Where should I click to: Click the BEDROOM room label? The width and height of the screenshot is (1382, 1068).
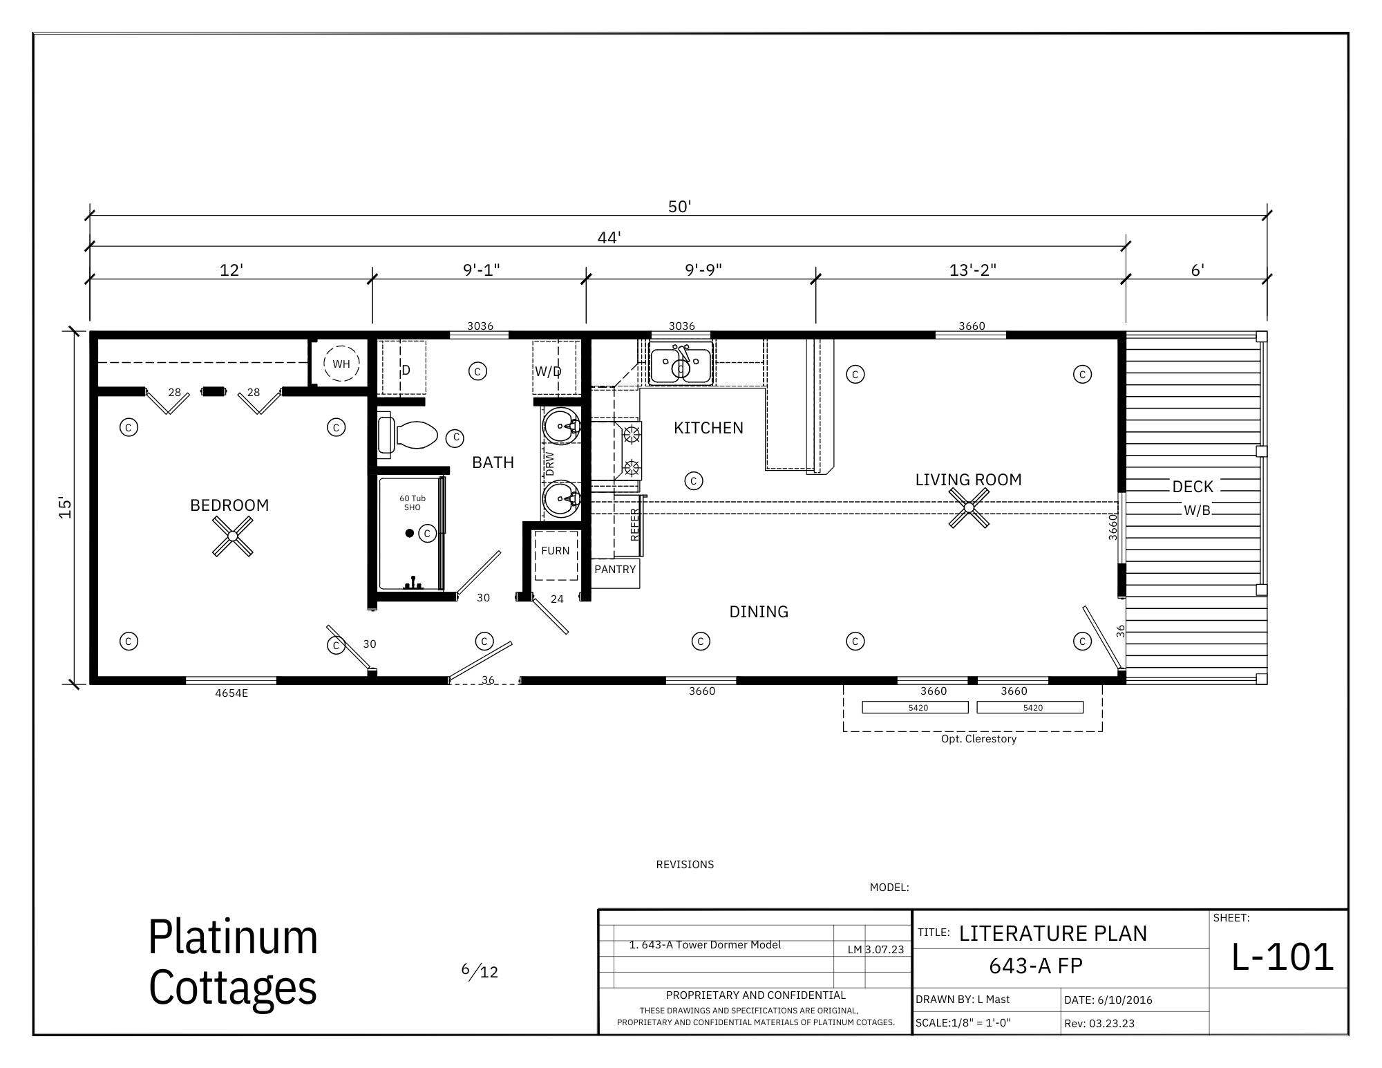click(x=229, y=505)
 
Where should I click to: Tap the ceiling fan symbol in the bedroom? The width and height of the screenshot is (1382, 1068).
click(x=233, y=536)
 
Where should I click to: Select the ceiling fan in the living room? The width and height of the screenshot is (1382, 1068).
click(x=969, y=507)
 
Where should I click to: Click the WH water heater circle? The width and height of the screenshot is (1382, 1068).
click(x=341, y=364)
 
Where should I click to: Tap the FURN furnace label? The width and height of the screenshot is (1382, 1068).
click(x=556, y=551)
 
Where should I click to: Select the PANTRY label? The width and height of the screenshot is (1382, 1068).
click(x=615, y=570)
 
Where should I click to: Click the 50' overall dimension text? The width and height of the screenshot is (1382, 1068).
click(x=680, y=207)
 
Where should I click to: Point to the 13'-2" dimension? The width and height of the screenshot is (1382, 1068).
click(x=973, y=270)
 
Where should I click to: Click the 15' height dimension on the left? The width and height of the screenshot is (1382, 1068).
click(x=65, y=507)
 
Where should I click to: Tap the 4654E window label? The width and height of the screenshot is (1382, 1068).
click(x=231, y=693)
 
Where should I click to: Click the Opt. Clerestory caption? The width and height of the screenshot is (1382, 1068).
click(x=978, y=739)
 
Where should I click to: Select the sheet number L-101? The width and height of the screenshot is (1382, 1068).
click(x=1282, y=957)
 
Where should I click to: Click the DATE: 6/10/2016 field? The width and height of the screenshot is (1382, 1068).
click(x=1108, y=1000)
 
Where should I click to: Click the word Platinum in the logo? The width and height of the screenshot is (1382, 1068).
click(x=233, y=937)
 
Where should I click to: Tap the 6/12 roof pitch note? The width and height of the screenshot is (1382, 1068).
click(x=480, y=971)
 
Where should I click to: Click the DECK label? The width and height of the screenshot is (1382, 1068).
click(x=1193, y=487)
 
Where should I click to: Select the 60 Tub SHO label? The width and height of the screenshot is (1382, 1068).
click(x=413, y=503)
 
